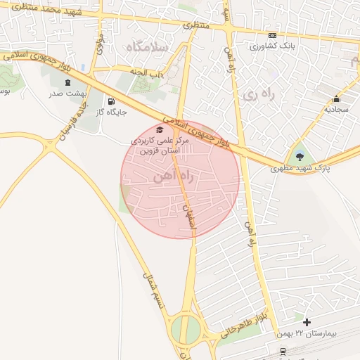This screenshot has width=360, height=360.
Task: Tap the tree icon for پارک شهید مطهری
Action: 301,156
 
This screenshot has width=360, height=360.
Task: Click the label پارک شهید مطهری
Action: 301,169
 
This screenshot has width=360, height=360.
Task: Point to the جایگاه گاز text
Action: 111,112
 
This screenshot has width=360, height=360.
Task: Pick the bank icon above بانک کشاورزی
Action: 273,36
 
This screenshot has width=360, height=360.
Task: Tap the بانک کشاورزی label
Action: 273,46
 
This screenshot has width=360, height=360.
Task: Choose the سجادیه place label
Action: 336,110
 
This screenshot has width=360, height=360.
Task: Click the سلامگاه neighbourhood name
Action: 146,46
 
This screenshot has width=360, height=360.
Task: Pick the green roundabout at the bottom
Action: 185,328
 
